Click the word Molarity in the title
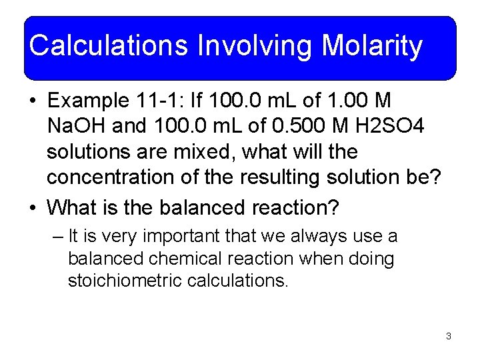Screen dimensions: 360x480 click(372, 46)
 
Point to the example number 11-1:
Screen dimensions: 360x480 click(165, 101)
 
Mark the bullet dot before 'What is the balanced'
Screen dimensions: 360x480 click(33, 208)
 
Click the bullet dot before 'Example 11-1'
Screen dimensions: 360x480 click(33, 101)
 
